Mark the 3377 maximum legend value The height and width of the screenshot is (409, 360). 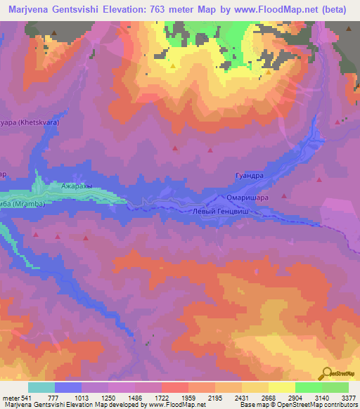pos(347,398)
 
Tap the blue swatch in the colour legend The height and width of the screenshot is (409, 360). pos(68,387)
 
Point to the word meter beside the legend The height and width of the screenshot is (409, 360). pos(10,398)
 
